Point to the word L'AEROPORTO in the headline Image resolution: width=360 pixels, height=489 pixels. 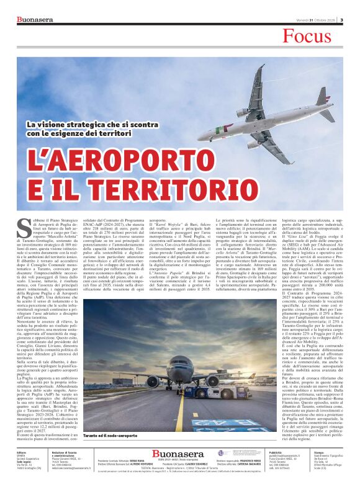pyautogui.click(x=109, y=163)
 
